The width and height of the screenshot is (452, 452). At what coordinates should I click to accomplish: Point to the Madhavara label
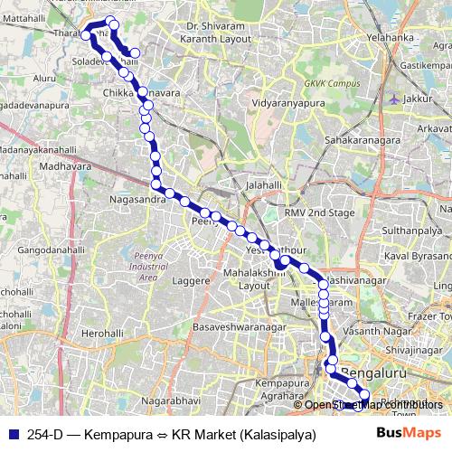coord(66,166)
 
